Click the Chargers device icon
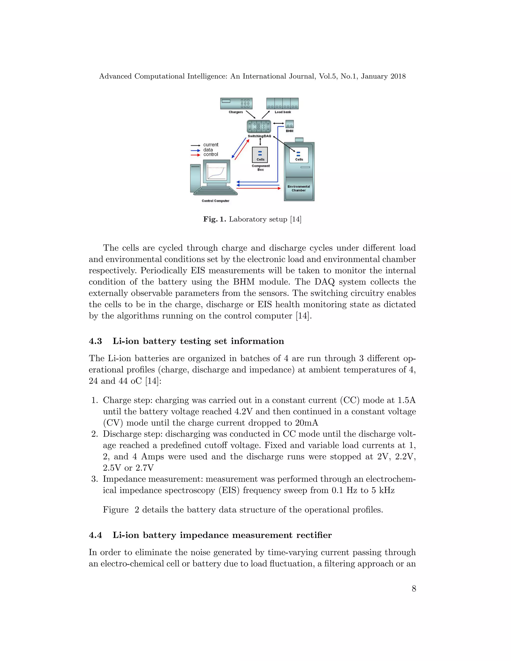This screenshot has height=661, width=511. click(236, 103)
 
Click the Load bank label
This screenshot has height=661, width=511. click(282, 112)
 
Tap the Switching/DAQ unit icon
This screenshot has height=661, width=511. click(259, 126)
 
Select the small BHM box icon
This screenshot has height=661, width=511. click(289, 124)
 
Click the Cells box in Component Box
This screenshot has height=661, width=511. click(260, 155)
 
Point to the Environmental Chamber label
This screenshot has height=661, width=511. click(298, 188)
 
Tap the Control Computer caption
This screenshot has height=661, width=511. click(216, 201)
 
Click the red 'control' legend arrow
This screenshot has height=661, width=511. click(196, 155)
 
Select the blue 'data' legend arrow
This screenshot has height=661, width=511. click(196, 150)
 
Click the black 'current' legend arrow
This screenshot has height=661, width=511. click(196, 145)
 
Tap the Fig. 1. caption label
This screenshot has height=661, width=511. click(214, 219)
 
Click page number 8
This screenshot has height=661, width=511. click(414, 588)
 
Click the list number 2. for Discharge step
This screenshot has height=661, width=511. click(95, 434)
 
